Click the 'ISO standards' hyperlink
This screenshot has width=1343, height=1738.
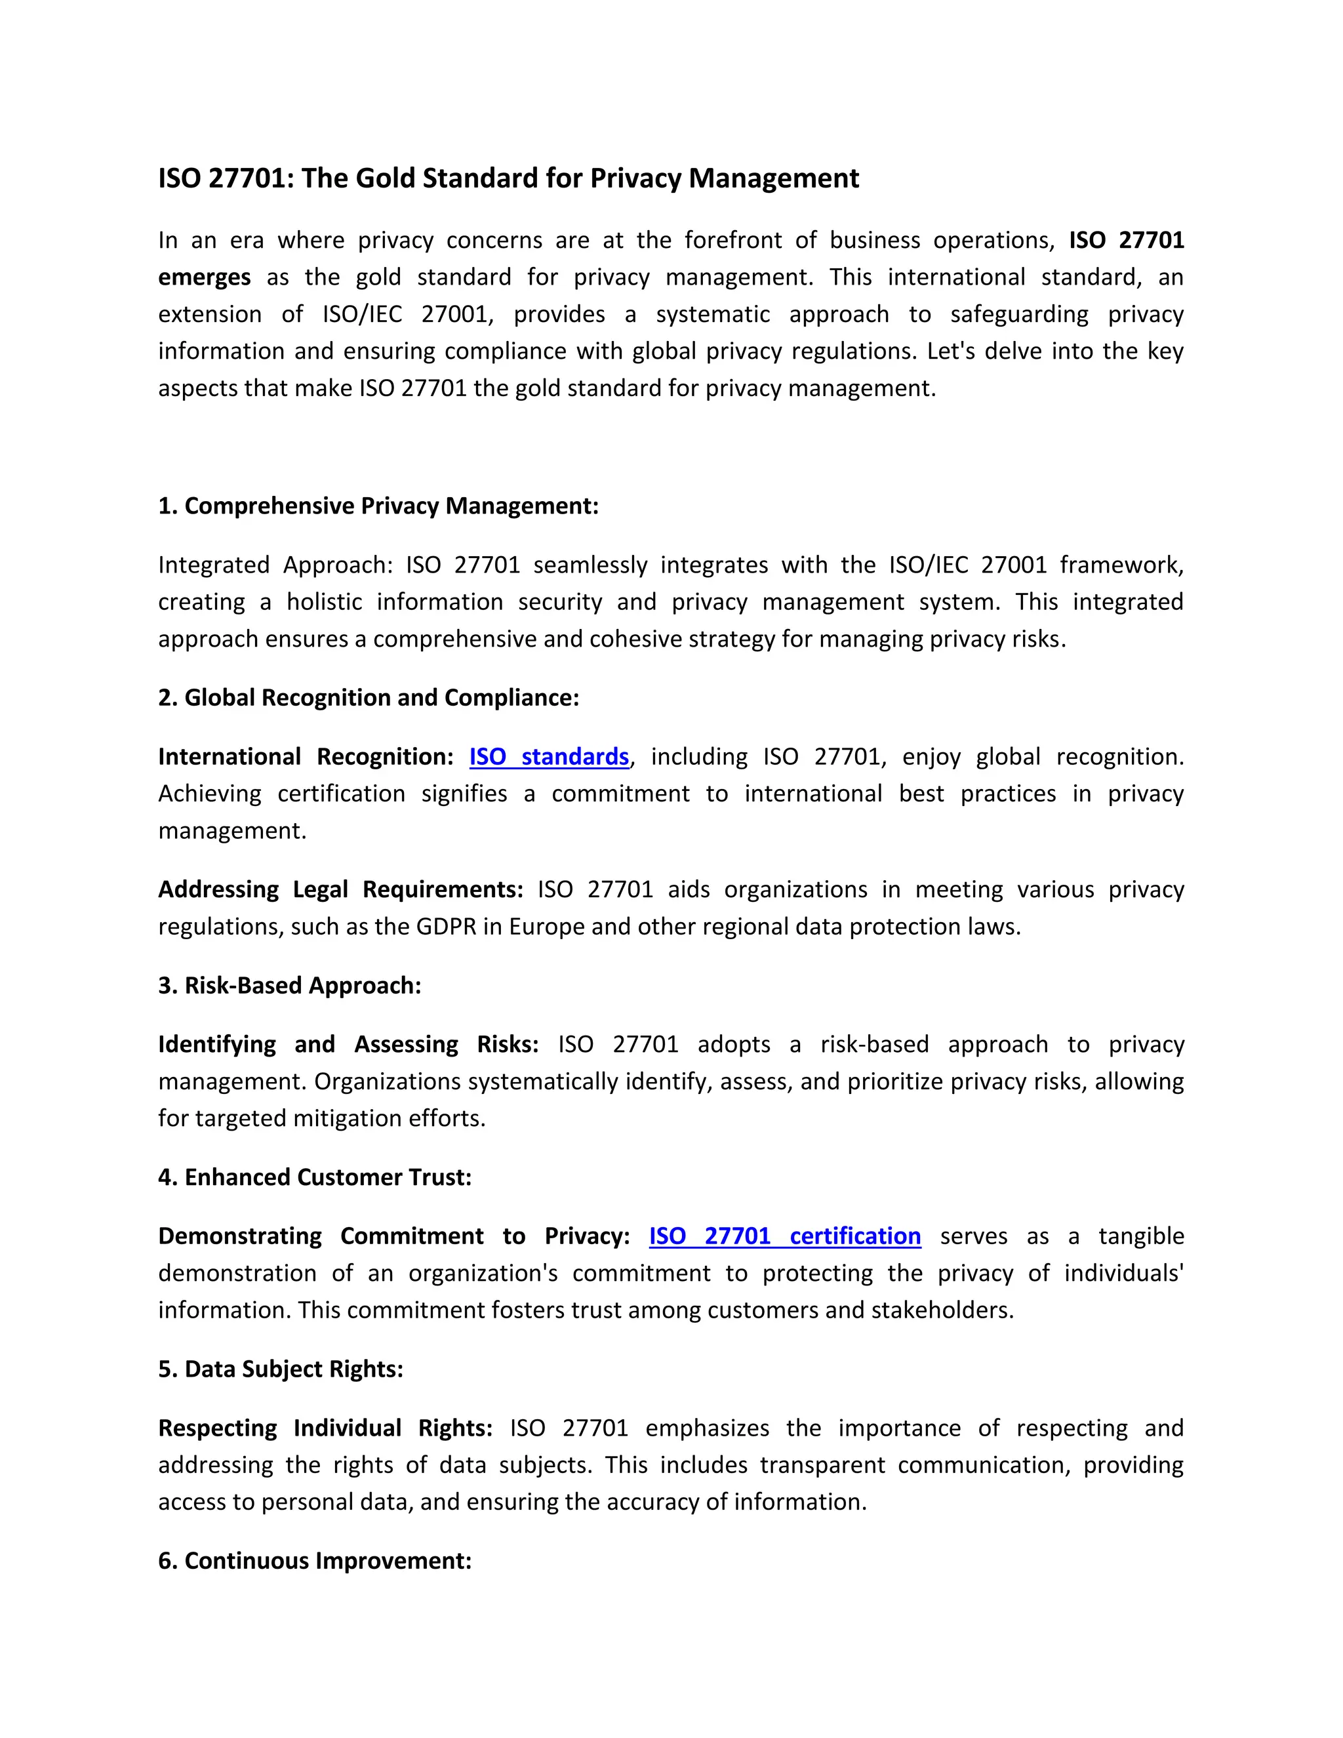coord(548,757)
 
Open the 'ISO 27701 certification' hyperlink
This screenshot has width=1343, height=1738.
coord(784,1236)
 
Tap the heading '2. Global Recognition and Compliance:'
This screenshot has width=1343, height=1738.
coord(369,698)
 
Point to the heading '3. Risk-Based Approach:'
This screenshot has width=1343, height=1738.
coord(290,986)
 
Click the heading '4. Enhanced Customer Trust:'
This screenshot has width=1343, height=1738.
coord(314,1178)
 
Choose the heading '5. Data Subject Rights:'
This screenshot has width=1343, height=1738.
coord(280,1369)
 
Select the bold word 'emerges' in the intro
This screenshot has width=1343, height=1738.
coord(205,277)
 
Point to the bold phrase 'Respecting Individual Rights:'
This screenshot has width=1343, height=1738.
coord(325,1428)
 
